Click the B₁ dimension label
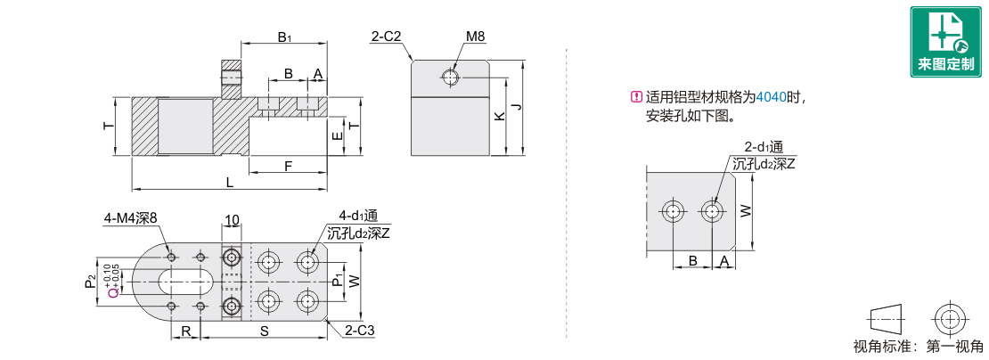pyautogui.click(x=284, y=37)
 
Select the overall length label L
pyautogui.click(x=229, y=183)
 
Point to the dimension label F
pyautogui.click(x=288, y=166)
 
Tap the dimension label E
pyautogui.click(x=337, y=135)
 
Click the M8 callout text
pyautogui.click(x=475, y=37)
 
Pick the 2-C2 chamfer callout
pyautogui.click(x=387, y=37)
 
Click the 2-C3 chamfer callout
pyautogui.click(x=360, y=331)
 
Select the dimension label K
pyautogui.click(x=500, y=117)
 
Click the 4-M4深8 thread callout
pyautogui.click(x=130, y=217)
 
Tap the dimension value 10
pyautogui.click(x=233, y=219)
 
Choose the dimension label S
pyautogui.click(x=265, y=331)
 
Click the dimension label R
pyautogui.click(x=185, y=331)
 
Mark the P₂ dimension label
pyautogui.click(x=90, y=282)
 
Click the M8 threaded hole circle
pyautogui.click(x=452, y=79)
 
